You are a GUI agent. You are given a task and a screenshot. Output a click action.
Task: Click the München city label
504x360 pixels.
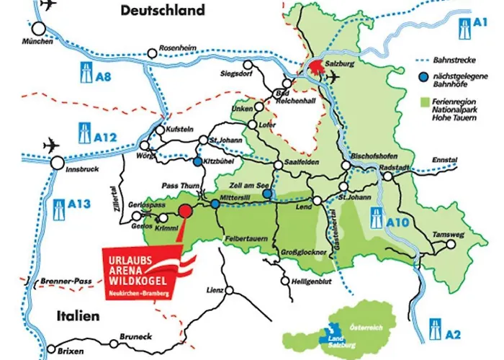pos(37,42)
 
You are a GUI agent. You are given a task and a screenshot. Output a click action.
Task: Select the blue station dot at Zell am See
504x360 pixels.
pos(266,193)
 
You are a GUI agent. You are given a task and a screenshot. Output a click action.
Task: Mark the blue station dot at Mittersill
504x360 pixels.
pos(215,204)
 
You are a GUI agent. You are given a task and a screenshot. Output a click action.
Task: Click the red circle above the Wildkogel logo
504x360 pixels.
pos(185,211)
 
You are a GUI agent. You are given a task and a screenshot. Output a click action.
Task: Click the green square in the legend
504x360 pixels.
pos(425,101)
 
